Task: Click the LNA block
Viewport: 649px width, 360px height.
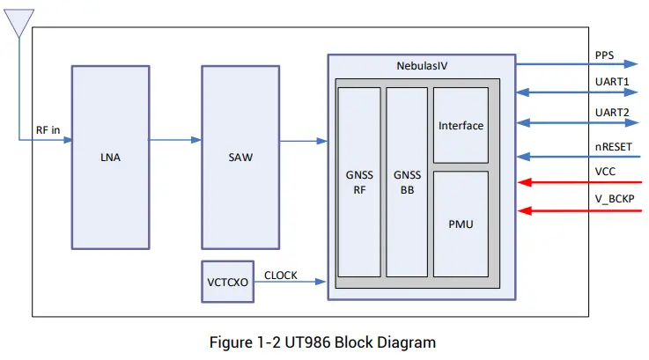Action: pos(110,157)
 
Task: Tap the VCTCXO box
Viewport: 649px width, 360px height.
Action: pos(227,283)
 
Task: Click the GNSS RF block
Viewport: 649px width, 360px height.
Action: pos(358,181)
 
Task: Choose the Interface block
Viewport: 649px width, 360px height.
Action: pos(461,125)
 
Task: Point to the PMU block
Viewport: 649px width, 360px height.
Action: pos(461,224)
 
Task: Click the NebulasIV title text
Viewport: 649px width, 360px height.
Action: pos(421,66)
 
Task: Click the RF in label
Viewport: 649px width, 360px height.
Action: pos(48,129)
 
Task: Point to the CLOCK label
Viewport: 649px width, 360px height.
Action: pos(281,276)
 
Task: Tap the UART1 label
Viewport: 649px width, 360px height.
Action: pos(611,82)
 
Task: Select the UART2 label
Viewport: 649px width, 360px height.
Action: pos(611,113)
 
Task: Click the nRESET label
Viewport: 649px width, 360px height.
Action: pos(614,146)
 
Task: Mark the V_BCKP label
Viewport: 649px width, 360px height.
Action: pos(615,201)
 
